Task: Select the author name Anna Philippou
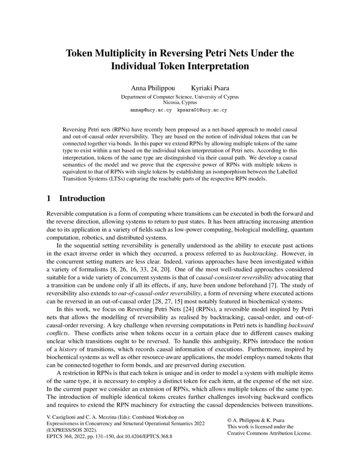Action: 150,88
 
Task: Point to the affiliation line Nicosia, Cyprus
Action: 180,103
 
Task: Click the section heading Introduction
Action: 82,198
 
